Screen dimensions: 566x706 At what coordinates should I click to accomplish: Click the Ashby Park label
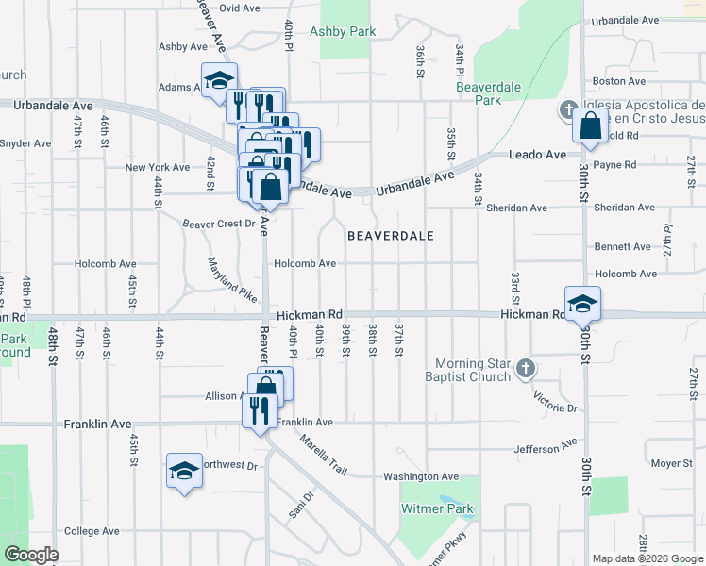348,31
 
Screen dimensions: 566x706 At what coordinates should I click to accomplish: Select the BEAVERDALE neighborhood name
390,236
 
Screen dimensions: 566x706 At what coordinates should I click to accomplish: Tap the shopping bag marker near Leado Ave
590,126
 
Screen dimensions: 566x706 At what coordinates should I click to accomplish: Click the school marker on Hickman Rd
583,304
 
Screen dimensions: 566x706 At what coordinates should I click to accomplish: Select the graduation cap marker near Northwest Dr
184,471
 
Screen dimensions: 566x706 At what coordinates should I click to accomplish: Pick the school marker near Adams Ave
219,80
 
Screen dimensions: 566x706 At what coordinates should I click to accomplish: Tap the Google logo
32,554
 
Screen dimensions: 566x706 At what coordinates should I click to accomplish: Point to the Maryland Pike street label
232,280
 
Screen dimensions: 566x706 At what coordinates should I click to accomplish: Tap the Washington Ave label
420,477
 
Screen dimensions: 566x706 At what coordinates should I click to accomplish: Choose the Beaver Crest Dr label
218,224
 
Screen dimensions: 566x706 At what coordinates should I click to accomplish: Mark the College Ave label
92,531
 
